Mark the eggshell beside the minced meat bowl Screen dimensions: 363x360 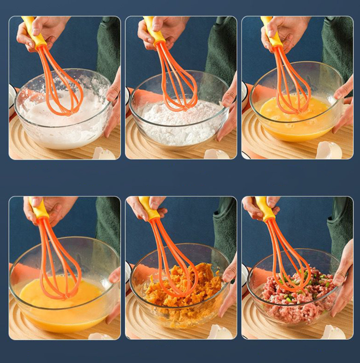(333, 332)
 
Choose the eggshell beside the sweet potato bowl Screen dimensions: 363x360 (219, 333)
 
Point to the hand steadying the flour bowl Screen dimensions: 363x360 (228, 112)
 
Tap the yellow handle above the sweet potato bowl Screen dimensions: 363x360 (148, 210)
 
